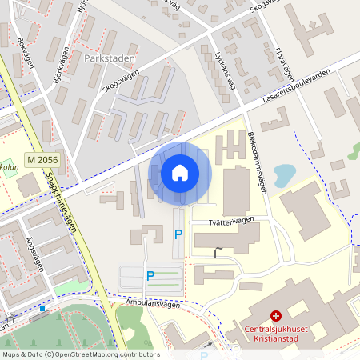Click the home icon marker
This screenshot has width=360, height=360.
(x=179, y=172)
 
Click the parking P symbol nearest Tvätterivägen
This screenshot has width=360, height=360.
(x=178, y=234)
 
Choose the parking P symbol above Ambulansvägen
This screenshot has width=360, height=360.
(x=150, y=276)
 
